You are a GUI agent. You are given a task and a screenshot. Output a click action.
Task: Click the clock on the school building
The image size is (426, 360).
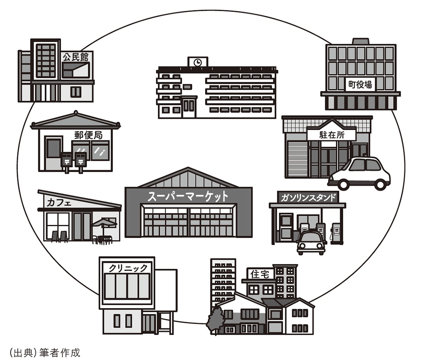[198, 62]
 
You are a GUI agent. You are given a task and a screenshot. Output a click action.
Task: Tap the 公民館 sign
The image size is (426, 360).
[76, 57]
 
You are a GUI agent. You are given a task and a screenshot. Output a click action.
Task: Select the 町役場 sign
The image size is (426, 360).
[360, 84]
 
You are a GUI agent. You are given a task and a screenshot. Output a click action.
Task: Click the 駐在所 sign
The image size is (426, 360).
[332, 135]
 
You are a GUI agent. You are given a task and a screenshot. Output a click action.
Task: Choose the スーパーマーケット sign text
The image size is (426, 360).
[188, 196]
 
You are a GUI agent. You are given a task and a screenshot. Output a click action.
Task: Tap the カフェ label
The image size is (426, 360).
[59, 202]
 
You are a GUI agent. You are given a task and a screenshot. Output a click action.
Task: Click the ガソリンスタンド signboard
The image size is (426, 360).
[308, 197]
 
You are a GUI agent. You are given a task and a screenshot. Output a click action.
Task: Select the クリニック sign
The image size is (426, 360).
[128, 268]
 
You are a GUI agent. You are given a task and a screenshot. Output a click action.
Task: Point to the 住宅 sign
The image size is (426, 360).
[260, 274]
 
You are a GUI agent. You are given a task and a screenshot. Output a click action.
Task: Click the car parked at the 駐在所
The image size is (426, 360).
[359, 173]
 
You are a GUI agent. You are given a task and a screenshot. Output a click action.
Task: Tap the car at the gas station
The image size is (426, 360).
[311, 242]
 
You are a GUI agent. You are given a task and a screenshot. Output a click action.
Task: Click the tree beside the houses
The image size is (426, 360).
[215, 321]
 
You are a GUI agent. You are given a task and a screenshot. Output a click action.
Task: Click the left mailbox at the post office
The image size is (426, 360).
[67, 162]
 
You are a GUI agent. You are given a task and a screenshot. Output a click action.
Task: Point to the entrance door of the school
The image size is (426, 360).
[189, 107]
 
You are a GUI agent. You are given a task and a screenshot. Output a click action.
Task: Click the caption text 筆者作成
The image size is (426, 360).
[60, 353]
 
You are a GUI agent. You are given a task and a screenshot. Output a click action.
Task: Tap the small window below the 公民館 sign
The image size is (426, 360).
[76, 92]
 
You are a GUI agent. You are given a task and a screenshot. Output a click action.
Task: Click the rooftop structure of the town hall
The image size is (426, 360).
[361, 41]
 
